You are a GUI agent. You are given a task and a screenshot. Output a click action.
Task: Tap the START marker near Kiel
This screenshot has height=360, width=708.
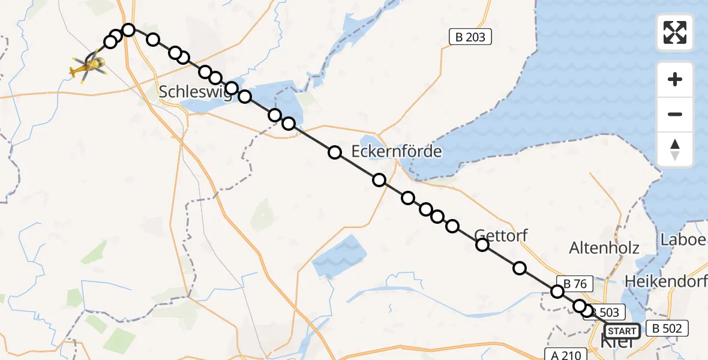pyautogui.click(x=622, y=331)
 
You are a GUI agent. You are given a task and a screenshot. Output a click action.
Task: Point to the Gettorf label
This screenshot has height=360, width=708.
pyautogui.click(x=501, y=235)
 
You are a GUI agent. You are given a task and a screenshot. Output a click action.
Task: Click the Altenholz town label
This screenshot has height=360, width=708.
pyautogui.click(x=604, y=247)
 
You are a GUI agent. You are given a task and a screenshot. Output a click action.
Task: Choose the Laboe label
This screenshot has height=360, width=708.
pyautogui.click(x=684, y=239)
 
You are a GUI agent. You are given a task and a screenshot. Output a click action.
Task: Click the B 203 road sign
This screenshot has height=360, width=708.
pyautogui.click(x=470, y=37)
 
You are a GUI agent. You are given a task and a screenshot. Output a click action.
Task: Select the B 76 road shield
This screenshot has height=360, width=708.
pyautogui.click(x=574, y=283)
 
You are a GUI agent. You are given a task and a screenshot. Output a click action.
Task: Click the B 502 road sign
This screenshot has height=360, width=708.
pyautogui.click(x=667, y=328)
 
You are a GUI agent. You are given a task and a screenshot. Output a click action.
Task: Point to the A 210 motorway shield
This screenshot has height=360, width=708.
pyautogui.click(x=563, y=354)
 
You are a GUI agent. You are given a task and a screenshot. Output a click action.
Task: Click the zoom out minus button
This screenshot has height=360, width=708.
pyautogui.click(x=675, y=115)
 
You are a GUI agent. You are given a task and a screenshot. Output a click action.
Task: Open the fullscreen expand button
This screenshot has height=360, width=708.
pyautogui.click(x=675, y=32)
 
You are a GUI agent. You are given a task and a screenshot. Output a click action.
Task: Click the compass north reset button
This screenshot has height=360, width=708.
pyautogui.click(x=675, y=149)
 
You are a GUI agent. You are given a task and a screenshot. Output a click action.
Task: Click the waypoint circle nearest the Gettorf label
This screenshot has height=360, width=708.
pyautogui.click(x=482, y=244)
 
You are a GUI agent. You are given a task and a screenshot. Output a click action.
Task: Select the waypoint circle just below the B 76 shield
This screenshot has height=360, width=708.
pyautogui.click(x=557, y=292)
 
